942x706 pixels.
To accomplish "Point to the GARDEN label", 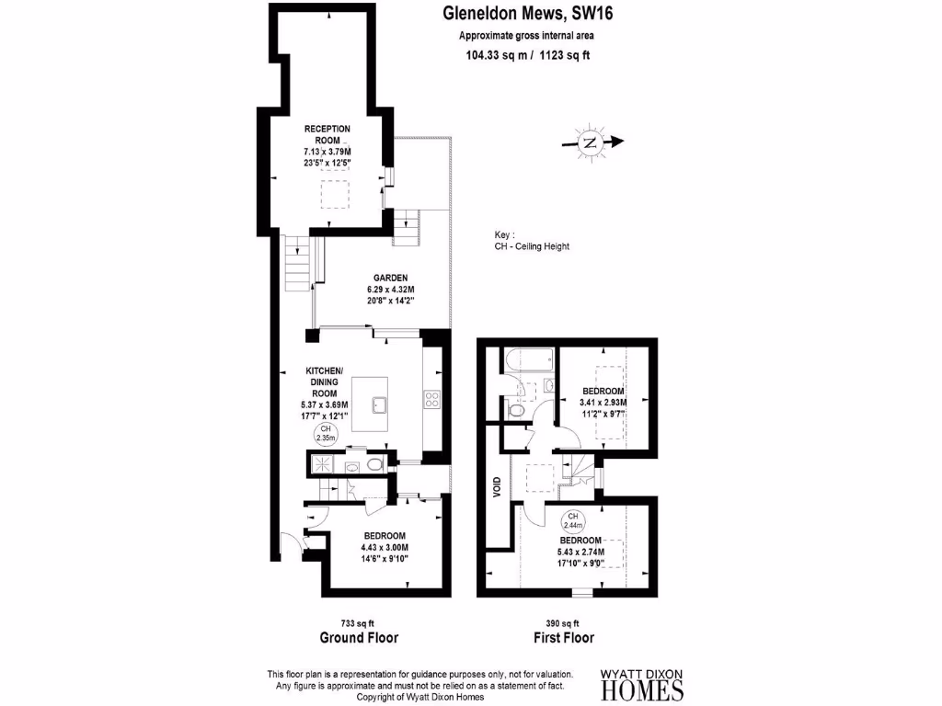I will point(390,278).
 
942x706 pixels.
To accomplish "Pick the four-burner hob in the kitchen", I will point(431,399).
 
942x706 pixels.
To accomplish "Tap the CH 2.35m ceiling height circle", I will point(325,434).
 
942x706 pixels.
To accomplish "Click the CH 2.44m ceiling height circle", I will point(574,520).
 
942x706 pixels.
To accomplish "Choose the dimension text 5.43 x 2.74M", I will point(580,552).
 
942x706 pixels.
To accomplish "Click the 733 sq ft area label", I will point(357,622).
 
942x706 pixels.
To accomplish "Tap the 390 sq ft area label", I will point(563,622).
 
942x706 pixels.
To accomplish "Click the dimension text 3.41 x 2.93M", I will point(603,402).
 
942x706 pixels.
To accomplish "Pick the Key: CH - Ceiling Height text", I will point(532,241).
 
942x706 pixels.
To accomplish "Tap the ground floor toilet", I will point(373,466).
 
